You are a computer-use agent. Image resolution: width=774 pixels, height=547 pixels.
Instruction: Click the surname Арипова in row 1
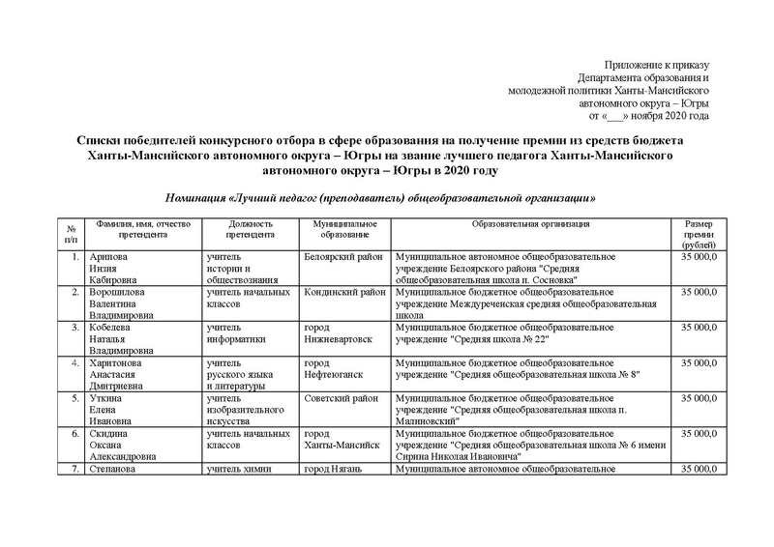coord(105,257)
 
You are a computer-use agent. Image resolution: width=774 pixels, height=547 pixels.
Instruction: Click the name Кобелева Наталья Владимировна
coord(122,339)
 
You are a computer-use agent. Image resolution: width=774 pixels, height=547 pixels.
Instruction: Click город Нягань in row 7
coord(338,470)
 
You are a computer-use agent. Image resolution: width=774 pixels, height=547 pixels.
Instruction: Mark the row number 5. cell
coord(69,397)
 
